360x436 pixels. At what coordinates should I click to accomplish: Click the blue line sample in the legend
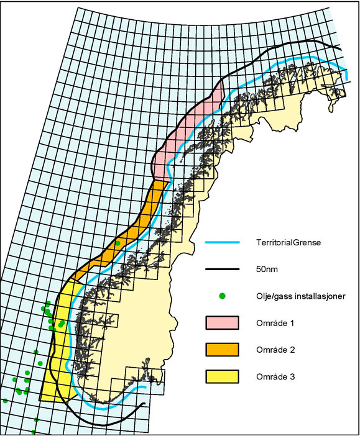tap(222, 242)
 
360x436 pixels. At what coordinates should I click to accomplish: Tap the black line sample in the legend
tap(222, 269)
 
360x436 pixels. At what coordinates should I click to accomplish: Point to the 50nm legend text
tap(265, 269)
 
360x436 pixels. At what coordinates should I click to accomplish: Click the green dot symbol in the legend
tap(222, 296)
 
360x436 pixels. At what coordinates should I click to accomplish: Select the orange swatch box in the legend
tap(222, 350)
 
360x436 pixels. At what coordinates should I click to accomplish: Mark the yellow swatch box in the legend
tap(222, 376)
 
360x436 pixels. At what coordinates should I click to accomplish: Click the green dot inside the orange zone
tap(118, 243)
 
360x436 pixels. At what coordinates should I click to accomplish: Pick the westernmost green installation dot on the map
tap(5, 401)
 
